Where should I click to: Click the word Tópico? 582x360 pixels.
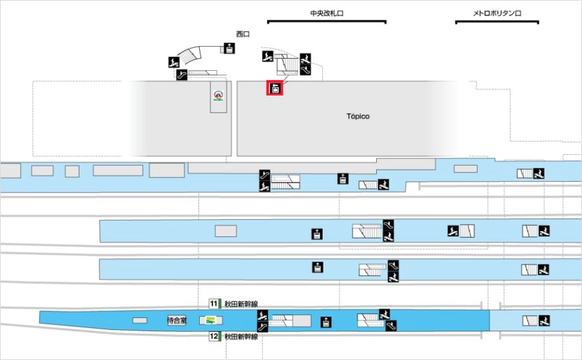coord(358,116)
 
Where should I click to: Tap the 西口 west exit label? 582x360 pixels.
coord(243,34)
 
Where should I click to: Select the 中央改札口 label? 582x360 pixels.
coord(327,13)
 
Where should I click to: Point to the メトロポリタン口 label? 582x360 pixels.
coord(496,13)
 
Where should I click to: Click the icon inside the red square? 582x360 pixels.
coord(275,87)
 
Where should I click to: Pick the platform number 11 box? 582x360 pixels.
coord(213,303)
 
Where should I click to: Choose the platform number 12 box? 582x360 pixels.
coord(213,337)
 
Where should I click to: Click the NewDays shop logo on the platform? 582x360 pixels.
coord(210,321)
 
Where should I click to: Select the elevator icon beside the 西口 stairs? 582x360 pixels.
coord(229,47)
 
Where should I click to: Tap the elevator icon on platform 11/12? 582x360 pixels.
coord(326,321)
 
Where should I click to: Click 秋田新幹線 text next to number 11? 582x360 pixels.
coord(241,303)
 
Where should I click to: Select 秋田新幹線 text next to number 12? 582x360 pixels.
coord(241,337)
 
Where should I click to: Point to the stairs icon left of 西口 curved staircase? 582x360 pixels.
coord(174,61)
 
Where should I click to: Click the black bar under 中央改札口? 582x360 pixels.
coord(327,22)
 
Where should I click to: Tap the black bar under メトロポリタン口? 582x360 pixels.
coord(496,22)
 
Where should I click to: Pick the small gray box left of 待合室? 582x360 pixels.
coord(140,321)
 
